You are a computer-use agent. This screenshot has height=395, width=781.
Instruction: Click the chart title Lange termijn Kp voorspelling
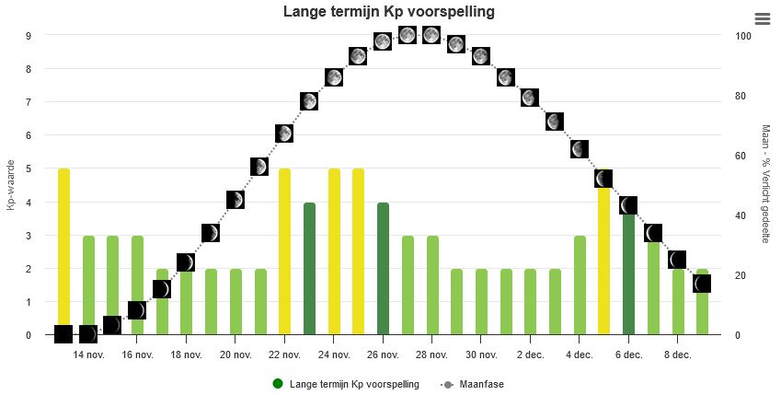[388, 12]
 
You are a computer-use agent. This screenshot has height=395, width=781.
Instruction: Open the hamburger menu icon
[762, 19]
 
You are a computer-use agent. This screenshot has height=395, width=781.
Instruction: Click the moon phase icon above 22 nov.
[284, 134]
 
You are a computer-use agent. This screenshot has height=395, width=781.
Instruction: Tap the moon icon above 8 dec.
[678, 260]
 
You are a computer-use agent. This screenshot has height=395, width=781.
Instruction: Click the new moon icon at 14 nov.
[88, 333]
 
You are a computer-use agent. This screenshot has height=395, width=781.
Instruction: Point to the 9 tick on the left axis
[29, 36]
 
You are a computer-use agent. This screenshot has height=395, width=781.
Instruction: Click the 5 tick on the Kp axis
[29, 169]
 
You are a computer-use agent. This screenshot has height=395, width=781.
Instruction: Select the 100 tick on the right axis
[743, 36]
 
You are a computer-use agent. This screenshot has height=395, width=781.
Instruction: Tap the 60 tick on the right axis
[741, 156]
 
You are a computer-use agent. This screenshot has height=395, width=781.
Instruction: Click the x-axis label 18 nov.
[186, 354]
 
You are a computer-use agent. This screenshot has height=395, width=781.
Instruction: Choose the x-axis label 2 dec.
[531, 354]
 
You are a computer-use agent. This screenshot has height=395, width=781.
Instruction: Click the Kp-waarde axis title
[11, 186]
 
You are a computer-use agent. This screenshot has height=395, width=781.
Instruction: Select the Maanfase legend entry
[481, 384]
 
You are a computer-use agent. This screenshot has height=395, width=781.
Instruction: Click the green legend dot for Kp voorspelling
[278, 384]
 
